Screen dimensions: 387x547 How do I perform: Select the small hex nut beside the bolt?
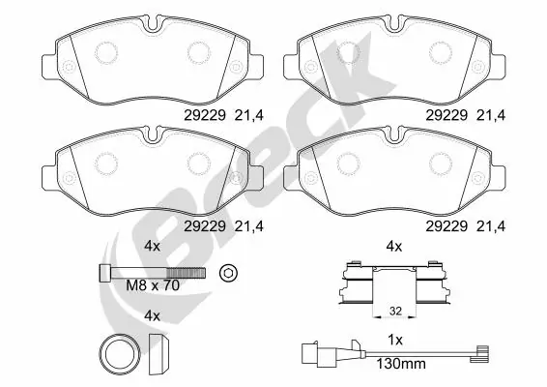click(x=229, y=273)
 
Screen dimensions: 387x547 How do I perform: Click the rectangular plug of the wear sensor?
click(x=310, y=353)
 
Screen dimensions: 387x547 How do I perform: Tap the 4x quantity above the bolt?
click(x=151, y=245)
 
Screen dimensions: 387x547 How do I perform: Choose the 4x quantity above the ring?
click(x=151, y=315)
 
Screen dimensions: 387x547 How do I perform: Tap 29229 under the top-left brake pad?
click(x=200, y=114)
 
